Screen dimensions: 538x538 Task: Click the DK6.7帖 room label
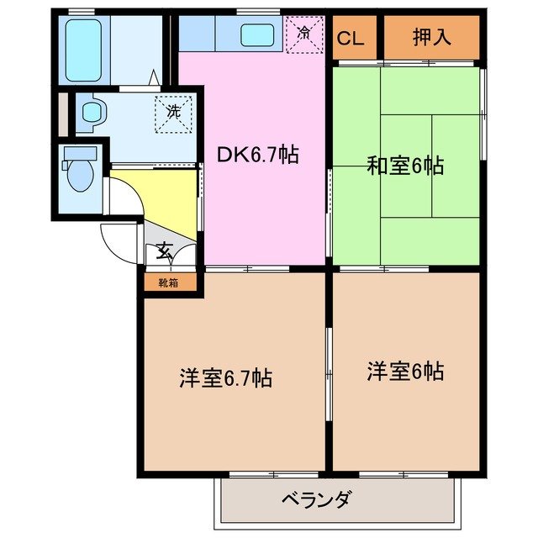[258, 155]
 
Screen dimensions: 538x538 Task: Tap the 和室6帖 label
[404, 166]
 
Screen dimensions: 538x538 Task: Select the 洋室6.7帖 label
[225, 378]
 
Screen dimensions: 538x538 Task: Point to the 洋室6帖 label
[405, 370]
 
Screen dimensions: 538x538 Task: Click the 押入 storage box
[432, 38]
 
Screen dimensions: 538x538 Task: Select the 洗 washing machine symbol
[174, 111]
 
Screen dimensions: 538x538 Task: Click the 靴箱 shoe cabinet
[168, 282]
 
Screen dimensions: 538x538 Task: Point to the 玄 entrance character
[165, 251]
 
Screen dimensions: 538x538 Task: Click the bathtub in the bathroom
[84, 49]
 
